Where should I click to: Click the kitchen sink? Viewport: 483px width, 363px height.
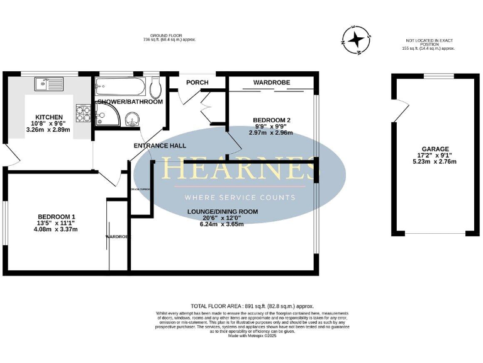click(50, 81)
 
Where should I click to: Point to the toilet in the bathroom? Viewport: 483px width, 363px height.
click(155, 87)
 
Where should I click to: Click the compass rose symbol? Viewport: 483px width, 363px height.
click(355, 39)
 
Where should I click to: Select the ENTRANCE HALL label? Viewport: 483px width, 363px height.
click(160, 146)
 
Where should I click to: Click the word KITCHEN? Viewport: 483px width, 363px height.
click(48, 117)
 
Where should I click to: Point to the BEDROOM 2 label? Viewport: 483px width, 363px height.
click(271, 120)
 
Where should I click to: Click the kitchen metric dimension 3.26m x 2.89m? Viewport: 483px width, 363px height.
click(48, 130)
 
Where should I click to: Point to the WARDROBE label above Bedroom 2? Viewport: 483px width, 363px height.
click(270, 83)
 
